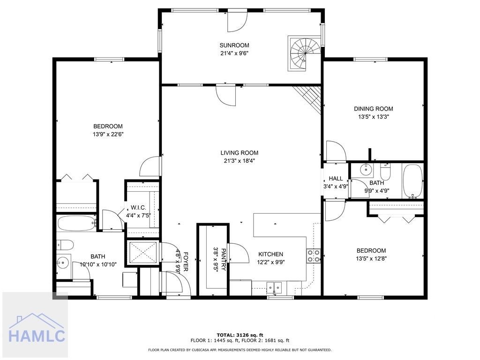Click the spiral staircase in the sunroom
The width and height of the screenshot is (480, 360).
coord(305,53)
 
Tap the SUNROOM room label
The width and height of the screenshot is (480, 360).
coord(234,45)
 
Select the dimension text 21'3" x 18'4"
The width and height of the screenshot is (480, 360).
coord(240,161)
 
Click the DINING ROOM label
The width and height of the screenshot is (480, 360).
coord(374,109)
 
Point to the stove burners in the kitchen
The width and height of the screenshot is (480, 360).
coord(314,256)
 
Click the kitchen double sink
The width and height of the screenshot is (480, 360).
coord(274,287)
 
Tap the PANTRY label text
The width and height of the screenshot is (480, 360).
coord(223,259)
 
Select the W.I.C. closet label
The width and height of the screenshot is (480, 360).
coord(138,208)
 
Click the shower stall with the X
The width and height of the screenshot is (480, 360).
coord(143,252)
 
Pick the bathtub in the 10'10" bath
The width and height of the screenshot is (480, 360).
coord(77,223)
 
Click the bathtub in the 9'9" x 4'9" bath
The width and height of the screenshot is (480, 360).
coord(412,181)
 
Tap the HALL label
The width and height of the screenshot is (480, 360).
coord(336,179)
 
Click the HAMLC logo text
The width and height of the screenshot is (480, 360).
coord(37,336)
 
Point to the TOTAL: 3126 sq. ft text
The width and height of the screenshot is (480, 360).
coord(240,335)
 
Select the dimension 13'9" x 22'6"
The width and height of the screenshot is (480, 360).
coord(108,134)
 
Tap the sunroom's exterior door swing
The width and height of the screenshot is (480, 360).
coord(237,22)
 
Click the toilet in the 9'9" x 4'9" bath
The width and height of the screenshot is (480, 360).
coord(385,172)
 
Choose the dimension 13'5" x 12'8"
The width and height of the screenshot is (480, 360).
coord(371,258)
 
